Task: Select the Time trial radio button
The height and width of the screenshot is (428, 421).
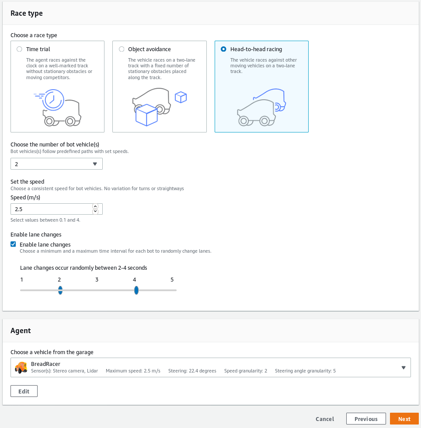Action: (x=19, y=49)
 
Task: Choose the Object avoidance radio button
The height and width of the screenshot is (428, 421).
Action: (x=122, y=49)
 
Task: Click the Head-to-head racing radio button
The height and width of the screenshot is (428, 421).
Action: (x=224, y=49)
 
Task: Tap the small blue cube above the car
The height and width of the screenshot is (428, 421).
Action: (x=181, y=97)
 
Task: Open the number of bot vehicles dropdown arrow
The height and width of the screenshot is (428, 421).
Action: (x=95, y=164)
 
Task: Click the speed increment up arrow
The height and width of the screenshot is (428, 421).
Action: (x=95, y=206)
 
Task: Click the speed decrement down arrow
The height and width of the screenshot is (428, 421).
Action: (x=95, y=212)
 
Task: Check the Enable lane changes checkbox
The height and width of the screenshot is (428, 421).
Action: (x=14, y=244)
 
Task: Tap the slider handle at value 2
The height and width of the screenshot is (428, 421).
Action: (x=60, y=290)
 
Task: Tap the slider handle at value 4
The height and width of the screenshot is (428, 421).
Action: (x=136, y=290)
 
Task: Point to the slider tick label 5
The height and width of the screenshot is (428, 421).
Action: (x=172, y=280)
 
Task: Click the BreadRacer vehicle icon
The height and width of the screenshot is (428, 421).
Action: (x=21, y=367)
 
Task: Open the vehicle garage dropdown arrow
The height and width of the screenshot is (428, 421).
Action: (x=403, y=368)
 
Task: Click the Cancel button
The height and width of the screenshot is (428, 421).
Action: (x=324, y=419)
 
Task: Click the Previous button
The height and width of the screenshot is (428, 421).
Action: (x=365, y=419)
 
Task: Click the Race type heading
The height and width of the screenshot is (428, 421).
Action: (x=27, y=13)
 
